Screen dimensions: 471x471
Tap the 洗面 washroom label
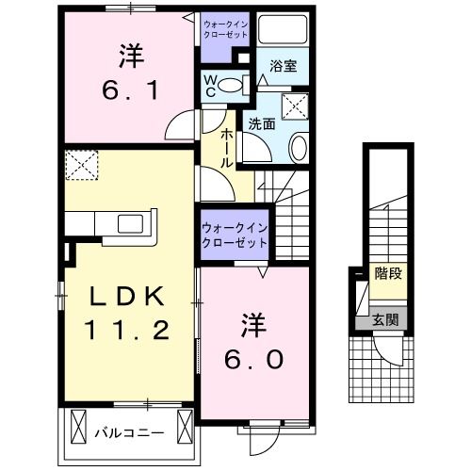coord(261,122)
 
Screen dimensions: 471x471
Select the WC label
coord(212,87)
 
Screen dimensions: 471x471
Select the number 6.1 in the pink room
coord(129,92)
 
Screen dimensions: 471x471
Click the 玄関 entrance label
coord(384,319)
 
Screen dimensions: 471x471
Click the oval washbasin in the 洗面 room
coord(297,147)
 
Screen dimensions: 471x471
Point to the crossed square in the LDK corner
coord(82,166)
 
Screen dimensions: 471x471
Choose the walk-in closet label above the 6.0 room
coord(234,235)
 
